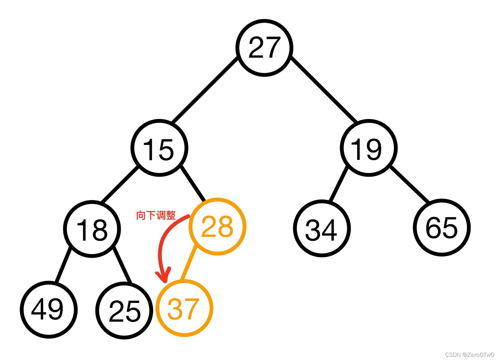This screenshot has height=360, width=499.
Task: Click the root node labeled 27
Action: (x=264, y=48)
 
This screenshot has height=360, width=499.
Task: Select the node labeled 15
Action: (x=159, y=148)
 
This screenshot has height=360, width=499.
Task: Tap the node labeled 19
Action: (x=368, y=148)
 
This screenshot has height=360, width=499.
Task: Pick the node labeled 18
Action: (x=92, y=229)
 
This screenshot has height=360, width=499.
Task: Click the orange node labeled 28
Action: (x=218, y=226)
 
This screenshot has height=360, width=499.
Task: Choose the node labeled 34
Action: (x=322, y=228)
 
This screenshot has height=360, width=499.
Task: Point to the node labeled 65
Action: (x=442, y=228)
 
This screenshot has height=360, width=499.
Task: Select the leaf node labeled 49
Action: (x=48, y=310)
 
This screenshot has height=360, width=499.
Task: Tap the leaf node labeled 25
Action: (x=124, y=310)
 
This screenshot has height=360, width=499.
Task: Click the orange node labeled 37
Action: (x=184, y=308)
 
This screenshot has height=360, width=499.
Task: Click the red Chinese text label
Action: (x=156, y=215)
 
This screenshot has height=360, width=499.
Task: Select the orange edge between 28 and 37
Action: (x=189, y=263)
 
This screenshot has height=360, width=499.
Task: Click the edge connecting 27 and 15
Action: (x=204, y=90)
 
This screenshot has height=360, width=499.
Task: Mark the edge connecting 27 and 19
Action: (x=324, y=90)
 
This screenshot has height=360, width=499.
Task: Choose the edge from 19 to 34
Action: (x=338, y=185)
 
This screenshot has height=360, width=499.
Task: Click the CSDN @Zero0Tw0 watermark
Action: (x=469, y=355)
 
